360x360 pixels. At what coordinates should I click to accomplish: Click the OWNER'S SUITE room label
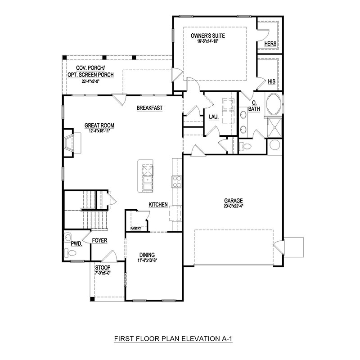coord(208,36)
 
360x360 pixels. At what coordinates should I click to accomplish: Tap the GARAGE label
coord(234,200)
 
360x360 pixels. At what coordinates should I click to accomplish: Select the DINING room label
coord(147,255)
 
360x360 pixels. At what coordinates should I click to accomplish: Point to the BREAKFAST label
coord(149,108)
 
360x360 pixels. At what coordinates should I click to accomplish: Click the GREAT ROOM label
coord(99,126)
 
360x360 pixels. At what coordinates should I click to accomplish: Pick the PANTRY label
coord(136,229)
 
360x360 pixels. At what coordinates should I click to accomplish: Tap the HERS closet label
coord(270,44)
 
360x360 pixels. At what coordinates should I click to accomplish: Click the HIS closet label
coord(271,81)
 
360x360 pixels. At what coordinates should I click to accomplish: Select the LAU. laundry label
coord(213,117)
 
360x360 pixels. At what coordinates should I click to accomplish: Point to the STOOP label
coord(103,268)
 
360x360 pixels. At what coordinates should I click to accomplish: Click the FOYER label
coord(99,240)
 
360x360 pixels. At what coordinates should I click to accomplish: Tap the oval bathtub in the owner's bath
coord(274,104)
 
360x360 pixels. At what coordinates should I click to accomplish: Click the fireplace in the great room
coord(72,143)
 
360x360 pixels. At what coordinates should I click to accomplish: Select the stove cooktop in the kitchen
coord(177,182)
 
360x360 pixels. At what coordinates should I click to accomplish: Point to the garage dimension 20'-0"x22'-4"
coord(234,206)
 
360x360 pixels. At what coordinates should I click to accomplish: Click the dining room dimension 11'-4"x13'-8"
coord(147,260)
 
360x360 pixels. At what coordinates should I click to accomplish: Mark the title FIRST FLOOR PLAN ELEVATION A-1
coord(173,339)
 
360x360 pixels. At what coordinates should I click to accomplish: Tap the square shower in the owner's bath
coord(274,127)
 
